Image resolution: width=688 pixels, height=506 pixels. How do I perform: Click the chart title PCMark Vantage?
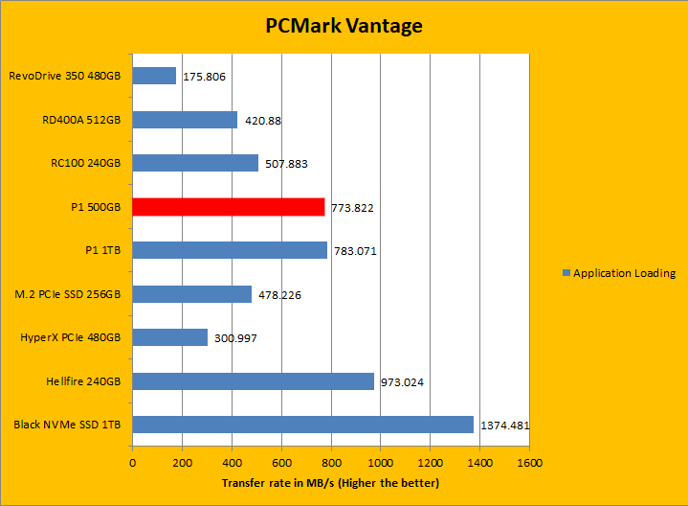click(344, 26)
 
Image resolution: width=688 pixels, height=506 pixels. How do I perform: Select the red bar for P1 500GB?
click(229, 206)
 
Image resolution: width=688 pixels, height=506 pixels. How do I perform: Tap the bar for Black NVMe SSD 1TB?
click(302, 425)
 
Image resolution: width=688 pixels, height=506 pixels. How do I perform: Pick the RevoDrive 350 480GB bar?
click(154, 76)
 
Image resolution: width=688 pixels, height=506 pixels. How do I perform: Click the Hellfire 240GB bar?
click(253, 381)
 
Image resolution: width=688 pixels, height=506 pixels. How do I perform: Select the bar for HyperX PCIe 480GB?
click(169, 337)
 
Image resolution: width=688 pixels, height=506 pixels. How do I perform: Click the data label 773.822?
click(354, 208)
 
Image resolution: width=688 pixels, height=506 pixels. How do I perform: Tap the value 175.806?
click(204, 77)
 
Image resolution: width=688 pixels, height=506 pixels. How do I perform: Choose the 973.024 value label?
click(402, 382)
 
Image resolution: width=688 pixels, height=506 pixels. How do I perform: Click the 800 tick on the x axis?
click(331, 462)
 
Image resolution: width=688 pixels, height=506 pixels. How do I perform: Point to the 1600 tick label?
click(529, 462)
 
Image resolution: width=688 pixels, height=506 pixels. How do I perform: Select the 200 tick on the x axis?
click(182, 462)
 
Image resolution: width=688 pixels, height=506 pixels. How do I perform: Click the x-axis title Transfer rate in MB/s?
click(330, 482)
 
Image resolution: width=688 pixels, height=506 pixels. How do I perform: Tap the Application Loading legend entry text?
click(624, 273)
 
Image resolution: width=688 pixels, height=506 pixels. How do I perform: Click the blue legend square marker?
click(566, 273)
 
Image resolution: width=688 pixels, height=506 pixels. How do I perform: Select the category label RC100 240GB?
click(81, 163)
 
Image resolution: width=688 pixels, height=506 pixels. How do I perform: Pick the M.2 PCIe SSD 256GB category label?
click(65, 294)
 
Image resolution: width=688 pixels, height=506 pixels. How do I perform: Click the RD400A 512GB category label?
click(81, 120)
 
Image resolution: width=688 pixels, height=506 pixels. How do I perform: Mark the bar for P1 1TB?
click(230, 250)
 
